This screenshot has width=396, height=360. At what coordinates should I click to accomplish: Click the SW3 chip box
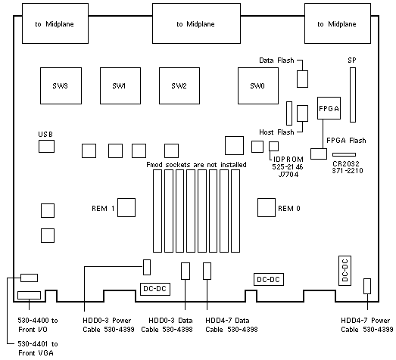(x=61, y=85)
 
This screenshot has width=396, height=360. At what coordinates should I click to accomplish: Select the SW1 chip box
(x=120, y=85)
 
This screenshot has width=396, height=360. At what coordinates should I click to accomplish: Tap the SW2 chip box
(x=179, y=85)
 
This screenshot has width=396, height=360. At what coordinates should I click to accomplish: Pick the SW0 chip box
(x=258, y=85)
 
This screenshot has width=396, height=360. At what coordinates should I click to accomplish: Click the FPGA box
(x=329, y=108)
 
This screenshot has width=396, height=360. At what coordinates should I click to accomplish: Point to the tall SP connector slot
(x=353, y=95)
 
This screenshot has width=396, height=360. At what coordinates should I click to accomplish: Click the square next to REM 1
(x=126, y=208)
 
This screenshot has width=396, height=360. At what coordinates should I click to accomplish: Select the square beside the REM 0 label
(x=267, y=208)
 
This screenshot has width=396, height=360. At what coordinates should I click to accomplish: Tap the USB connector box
(x=46, y=146)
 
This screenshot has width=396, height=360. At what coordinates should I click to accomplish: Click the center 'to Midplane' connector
(x=196, y=23)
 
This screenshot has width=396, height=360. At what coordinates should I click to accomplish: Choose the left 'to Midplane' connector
(x=55, y=23)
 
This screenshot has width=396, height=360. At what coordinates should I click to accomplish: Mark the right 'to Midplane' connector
(x=338, y=23)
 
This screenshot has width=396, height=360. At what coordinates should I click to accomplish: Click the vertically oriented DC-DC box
(x=345, y=271)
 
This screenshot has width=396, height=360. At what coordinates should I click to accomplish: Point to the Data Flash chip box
(x=302, y=79)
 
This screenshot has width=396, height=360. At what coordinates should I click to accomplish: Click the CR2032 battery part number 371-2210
(x=348, y=171)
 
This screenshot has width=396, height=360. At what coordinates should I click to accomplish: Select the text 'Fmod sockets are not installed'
(x=196, y=165)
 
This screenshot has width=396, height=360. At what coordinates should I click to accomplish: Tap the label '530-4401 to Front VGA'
(x=38, y=349)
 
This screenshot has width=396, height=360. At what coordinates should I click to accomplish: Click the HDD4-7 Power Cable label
(x=366, y=325)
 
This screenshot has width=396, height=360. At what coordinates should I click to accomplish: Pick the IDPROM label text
(x=288, y=159)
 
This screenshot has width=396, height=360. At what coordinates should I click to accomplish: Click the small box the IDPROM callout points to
(x=273, y=146)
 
